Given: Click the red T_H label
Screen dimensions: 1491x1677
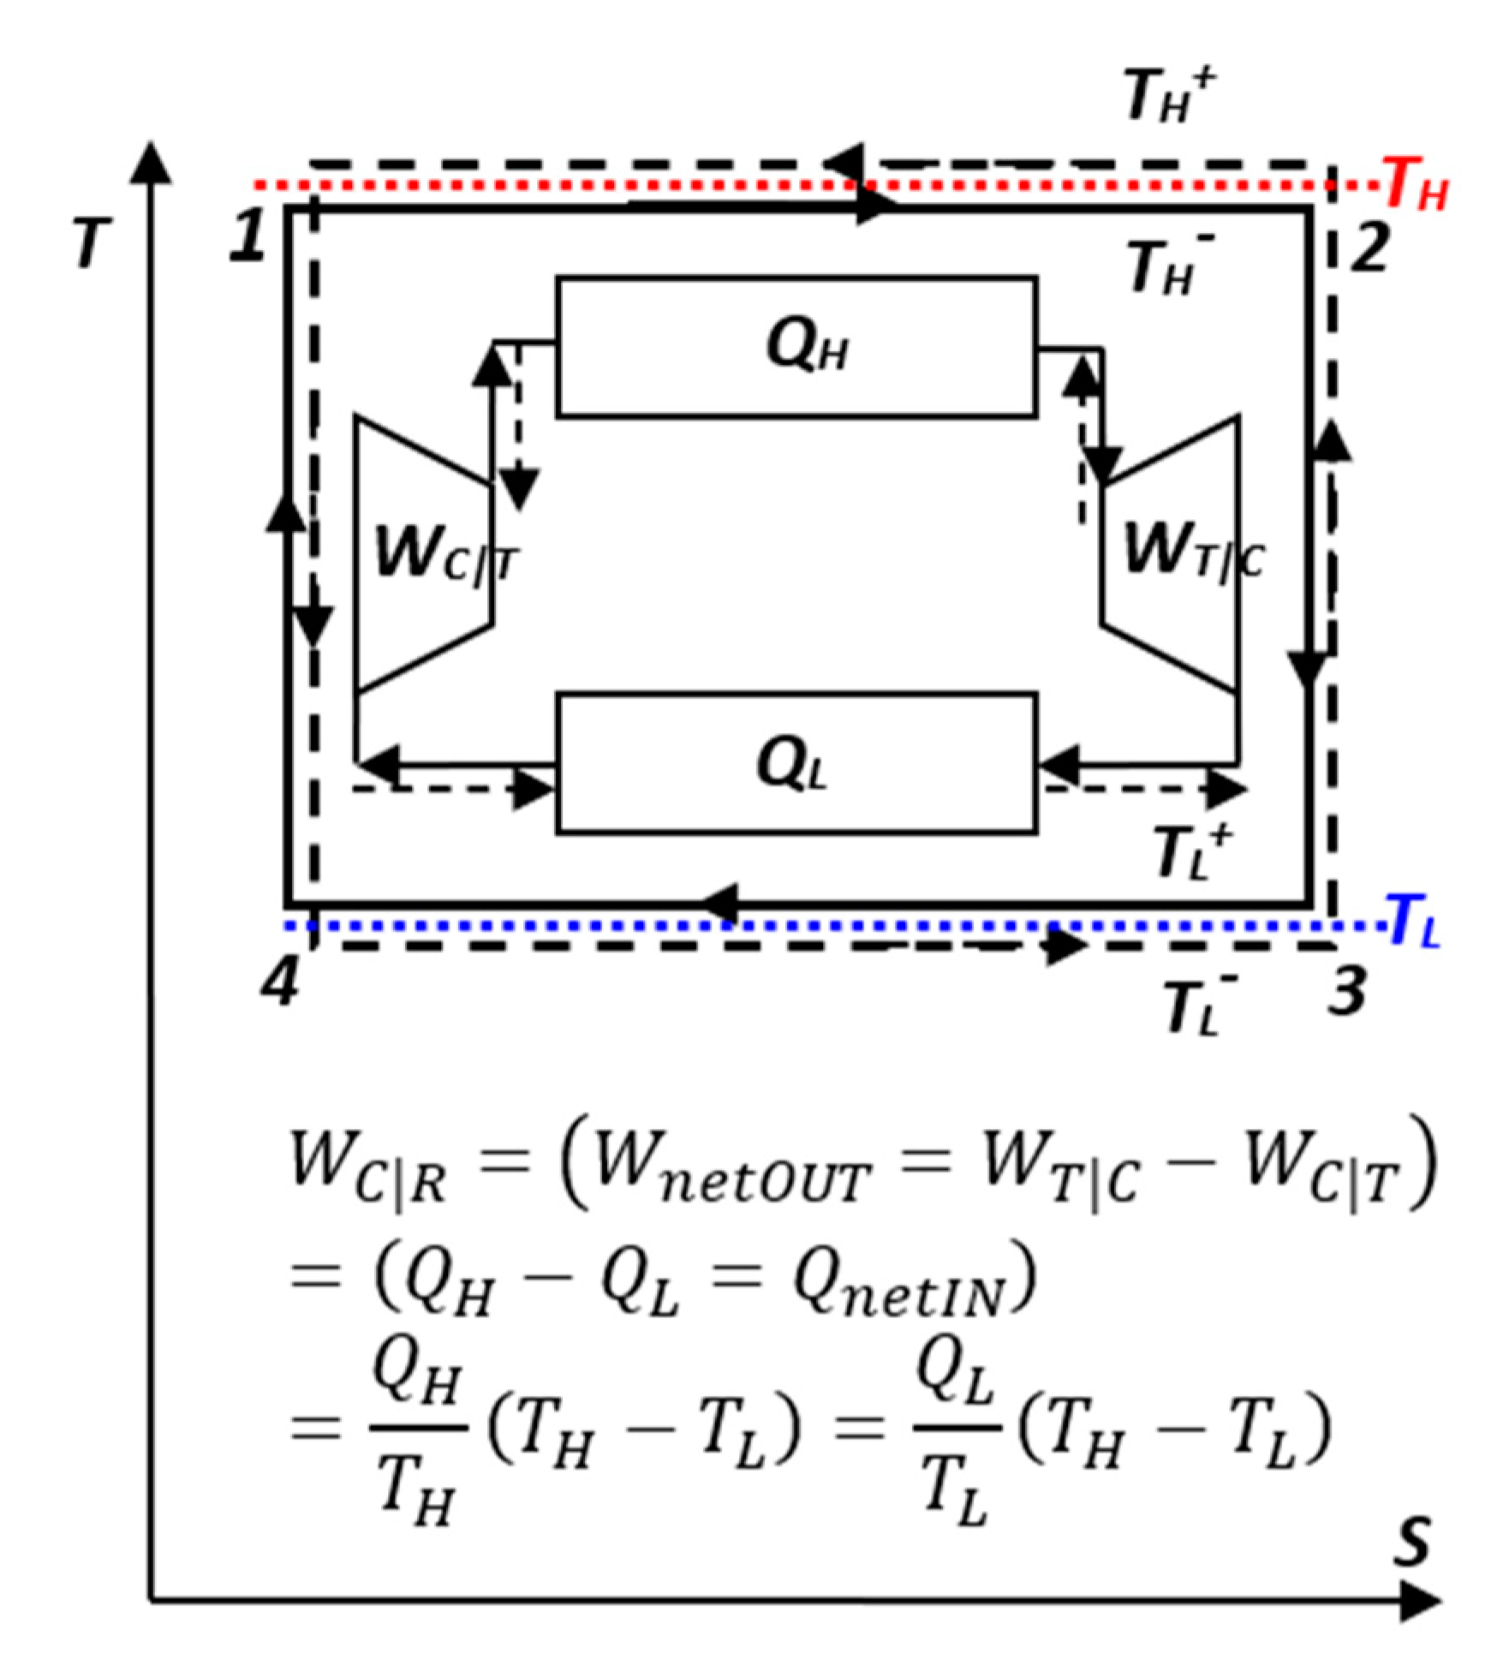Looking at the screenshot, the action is [x=1415, y=184].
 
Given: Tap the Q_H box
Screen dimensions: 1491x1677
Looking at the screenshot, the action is [x=796, y=347].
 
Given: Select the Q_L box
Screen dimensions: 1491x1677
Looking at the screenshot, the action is [x=796, y=762].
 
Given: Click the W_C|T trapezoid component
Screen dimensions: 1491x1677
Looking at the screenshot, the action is [x=424, y=552].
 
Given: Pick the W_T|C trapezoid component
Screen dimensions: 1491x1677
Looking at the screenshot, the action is [x=1173, y=552].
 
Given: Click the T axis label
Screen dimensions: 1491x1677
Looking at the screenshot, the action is [x=92, y=242].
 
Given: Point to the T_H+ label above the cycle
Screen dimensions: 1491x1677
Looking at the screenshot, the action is [x=1169, y=94].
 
